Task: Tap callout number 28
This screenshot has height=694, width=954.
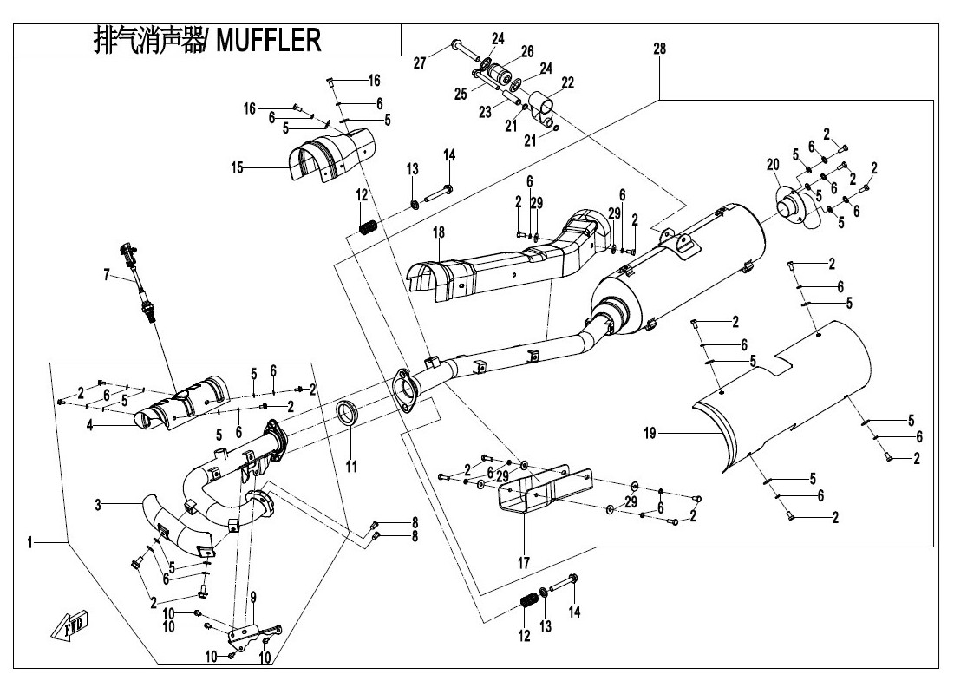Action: (x=660, y=49)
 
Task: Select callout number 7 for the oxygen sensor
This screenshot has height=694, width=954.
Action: (x=106, y=275)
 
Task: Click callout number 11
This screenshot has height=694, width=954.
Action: (x=350, y=466)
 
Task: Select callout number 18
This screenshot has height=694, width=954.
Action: (x=439, y=232)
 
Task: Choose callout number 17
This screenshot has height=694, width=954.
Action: (x=523, y=563)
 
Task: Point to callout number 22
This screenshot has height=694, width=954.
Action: (x=568, y=82)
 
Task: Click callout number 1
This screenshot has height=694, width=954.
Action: (x=30, y=542)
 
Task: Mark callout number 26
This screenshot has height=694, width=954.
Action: (x=527, y=51)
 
